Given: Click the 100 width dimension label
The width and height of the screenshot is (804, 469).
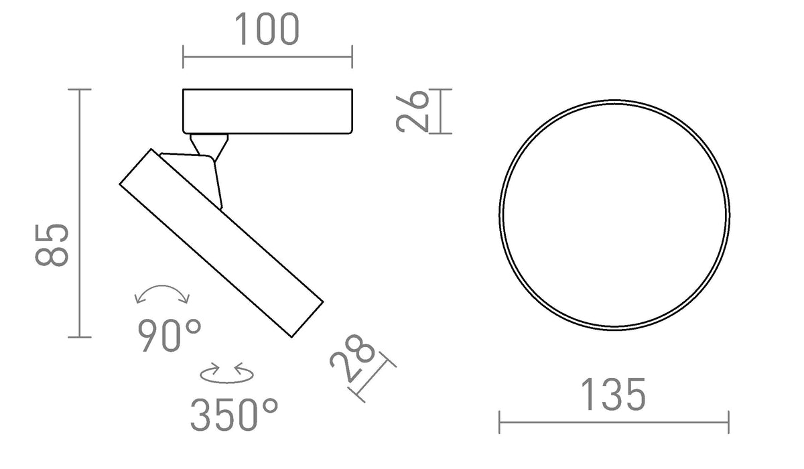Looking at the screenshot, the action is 267,29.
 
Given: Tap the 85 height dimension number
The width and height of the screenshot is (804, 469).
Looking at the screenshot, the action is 52,245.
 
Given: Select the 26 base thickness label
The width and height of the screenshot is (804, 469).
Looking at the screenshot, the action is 412,112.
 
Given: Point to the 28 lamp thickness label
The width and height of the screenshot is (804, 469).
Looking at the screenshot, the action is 352,358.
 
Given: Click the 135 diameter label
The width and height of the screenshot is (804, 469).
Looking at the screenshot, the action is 613,395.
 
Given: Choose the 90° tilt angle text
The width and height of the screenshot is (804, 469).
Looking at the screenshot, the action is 170,336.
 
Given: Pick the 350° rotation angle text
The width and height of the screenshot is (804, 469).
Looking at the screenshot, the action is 234,415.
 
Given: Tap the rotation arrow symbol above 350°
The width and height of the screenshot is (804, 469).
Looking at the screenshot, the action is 227,373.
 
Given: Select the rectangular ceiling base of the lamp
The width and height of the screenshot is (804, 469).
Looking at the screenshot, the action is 268,111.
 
